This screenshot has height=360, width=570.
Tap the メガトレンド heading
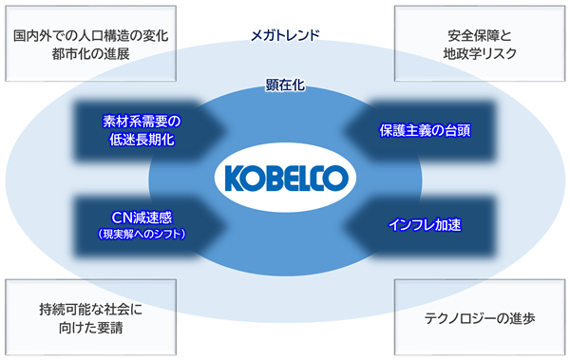point(285,36)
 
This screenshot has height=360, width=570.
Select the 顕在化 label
point(285,85)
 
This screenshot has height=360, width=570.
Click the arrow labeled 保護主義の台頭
point(420,131)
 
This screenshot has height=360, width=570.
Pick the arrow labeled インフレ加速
point(420,225)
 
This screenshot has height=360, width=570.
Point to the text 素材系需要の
point(142,122)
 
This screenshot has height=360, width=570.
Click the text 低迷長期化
point(142,140)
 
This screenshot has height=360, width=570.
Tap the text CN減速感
point(142,218)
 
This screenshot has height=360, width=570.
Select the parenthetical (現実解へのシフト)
point(142,234)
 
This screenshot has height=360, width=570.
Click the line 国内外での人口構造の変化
point(91,36)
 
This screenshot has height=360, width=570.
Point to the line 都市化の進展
point(91,54)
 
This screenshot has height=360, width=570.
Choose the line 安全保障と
point(480,36)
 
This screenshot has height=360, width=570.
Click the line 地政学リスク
point(480,54)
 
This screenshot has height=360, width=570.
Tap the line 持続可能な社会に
point(91,310)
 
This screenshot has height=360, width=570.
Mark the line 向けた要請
point(91,328)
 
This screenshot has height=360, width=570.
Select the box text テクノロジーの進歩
point(480,318)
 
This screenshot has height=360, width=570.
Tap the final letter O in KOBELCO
point(336,179)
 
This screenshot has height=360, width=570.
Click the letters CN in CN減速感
point(121,218)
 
